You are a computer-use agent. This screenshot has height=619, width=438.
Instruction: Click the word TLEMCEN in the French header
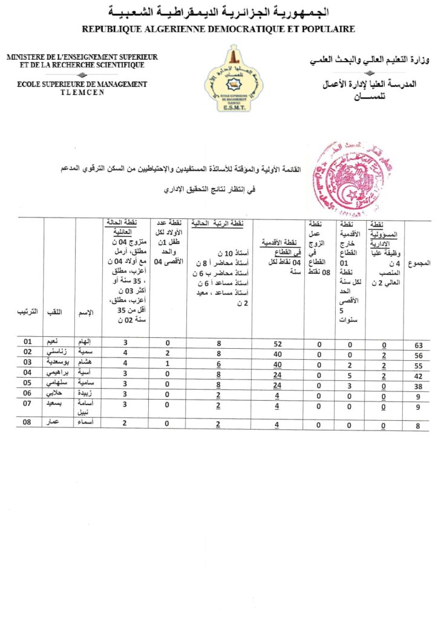coord(82,92)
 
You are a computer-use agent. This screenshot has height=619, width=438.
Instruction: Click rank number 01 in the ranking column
coord(28,342)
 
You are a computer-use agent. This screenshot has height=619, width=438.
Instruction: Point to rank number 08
coord(28,423)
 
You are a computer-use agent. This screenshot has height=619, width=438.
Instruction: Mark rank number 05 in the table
coord(28,383)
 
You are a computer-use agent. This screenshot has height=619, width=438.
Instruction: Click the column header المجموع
coord(419,264)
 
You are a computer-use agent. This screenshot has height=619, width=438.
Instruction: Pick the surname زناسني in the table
coord(59,352)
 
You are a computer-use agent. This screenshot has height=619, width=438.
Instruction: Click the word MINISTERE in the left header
coord(27,57)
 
